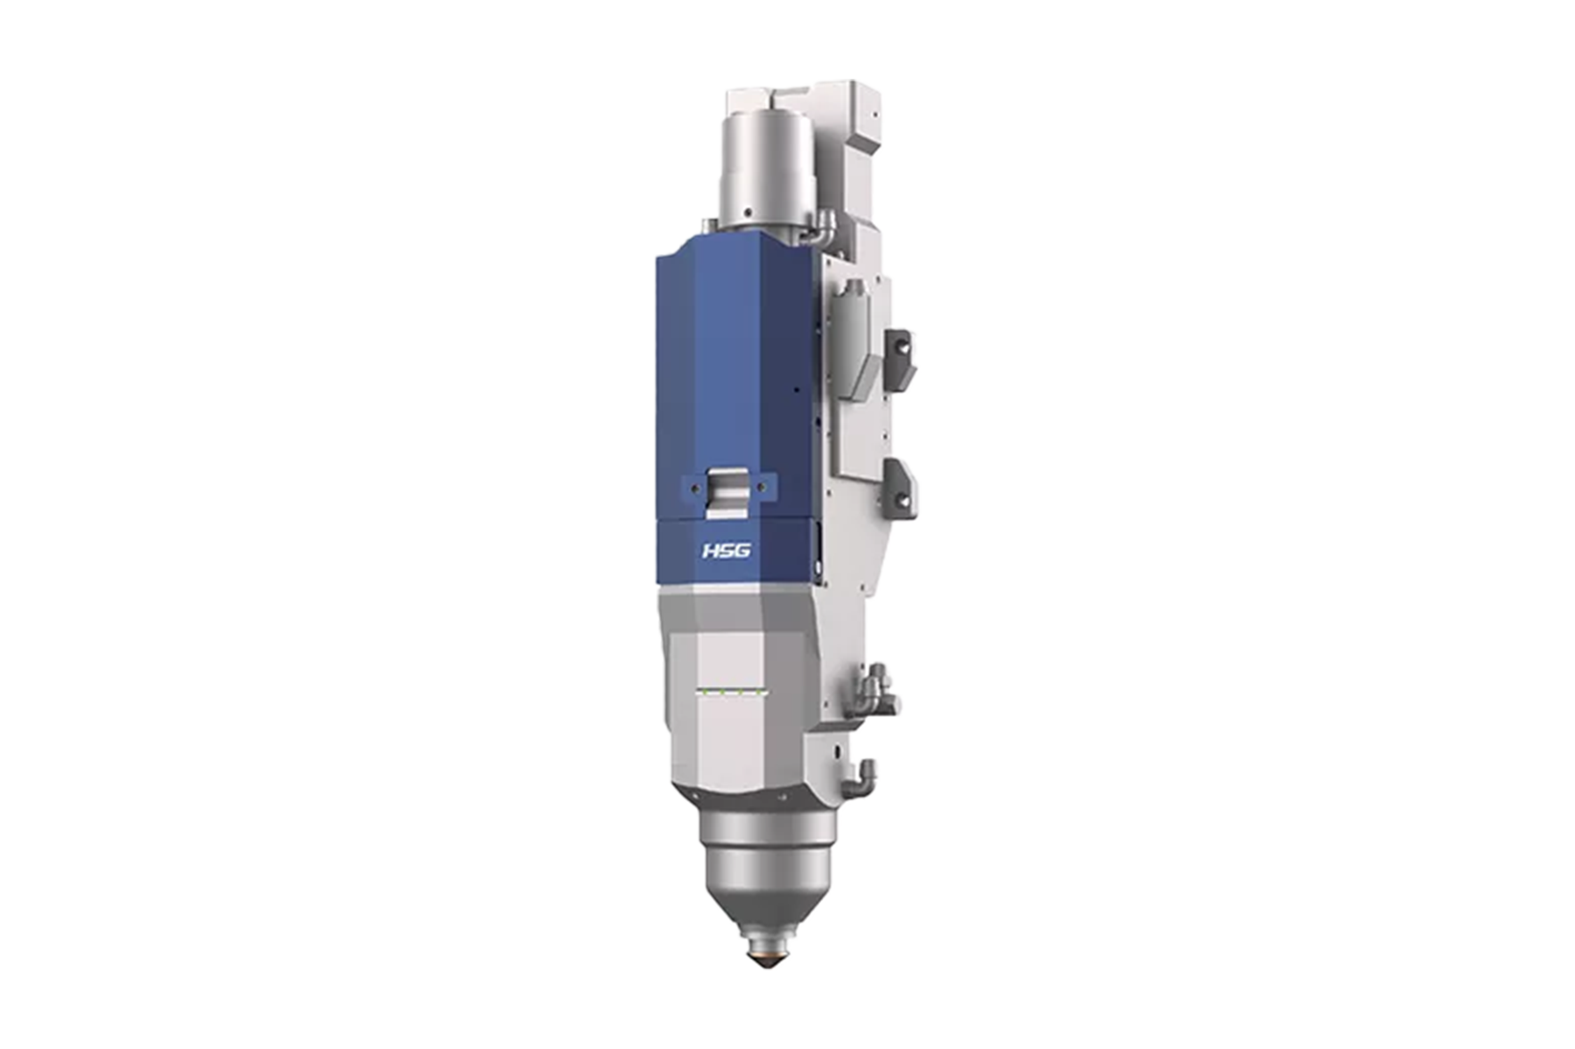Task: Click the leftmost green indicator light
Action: point(703,692)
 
